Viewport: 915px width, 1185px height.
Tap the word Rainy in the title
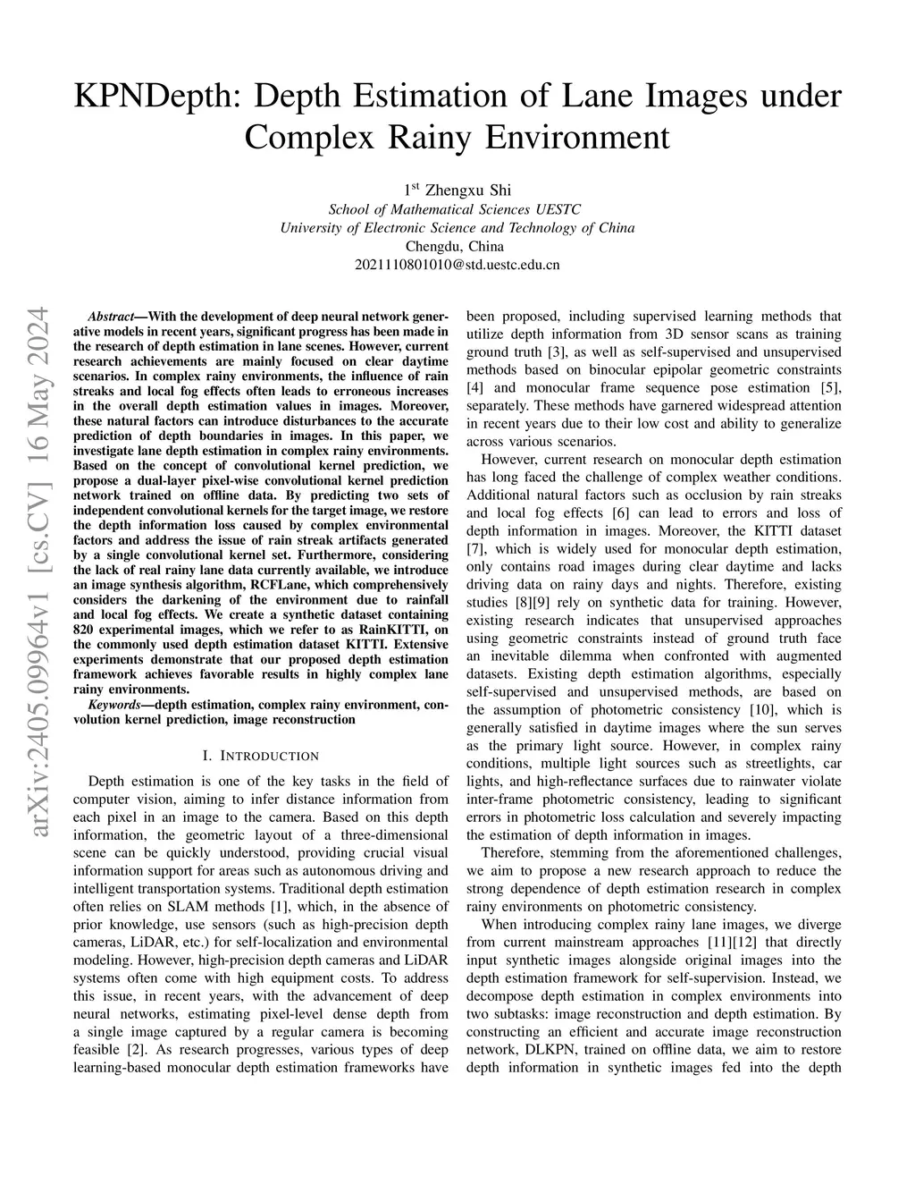pyautogui.click(x=431, y=137)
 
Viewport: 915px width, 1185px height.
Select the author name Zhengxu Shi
pyautogui.click(x=467, y=190)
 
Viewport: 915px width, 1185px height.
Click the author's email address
pyautogui.click(x=457, y=265)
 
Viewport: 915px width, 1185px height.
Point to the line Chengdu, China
pyautogui.click(x=457, y=246)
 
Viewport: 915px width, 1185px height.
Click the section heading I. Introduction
pyautogui.click(x=260, y=756)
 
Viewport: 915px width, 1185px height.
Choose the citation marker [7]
pyautogui.click(x=475, y=548)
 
